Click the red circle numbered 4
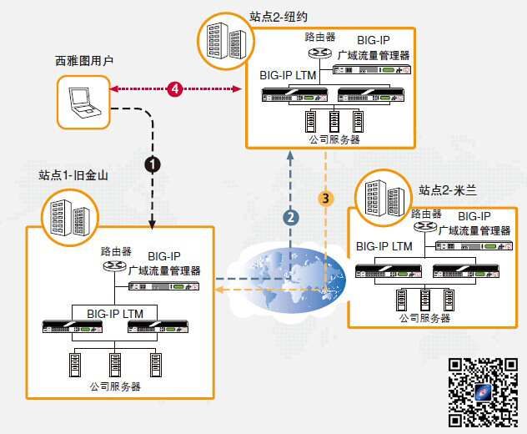(x=174, y=87)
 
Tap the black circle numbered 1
(x=153, y=164)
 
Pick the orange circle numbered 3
(x=328, y=198)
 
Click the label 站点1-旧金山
(x=73, y=176)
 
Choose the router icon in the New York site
(x=318, y=53)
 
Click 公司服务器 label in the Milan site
(x=424, y=318)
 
